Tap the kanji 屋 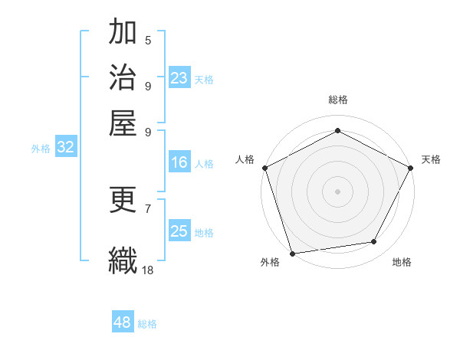[x=123, y=123]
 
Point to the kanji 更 [x=123, y=201]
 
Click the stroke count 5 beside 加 [x=148, y=40]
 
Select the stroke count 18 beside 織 [x=148, y=270]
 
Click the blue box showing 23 [x=179, y=78]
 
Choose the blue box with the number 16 [x=179, y=162]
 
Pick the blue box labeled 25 [x=179, y=231]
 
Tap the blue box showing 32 [x=65, y=148]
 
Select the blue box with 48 [x=123, y=322]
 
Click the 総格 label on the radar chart [x=337, y=100]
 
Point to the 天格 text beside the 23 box [x=204, y=79]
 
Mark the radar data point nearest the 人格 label [x=264, y=167]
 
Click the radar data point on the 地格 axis [x=374, y=242]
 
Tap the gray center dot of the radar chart [x=337, y=191]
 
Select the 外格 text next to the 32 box [x=41, y=149]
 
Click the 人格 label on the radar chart [x=245, y=159]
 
